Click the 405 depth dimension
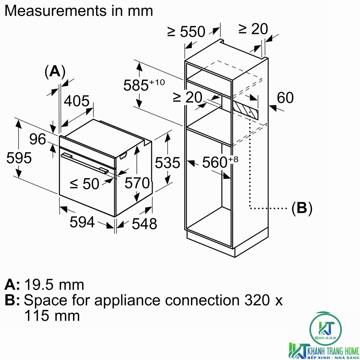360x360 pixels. tap(76, 101)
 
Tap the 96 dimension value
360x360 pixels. tap(38, 139)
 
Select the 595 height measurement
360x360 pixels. tap(19, 158)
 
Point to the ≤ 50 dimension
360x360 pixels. tap(84, 184)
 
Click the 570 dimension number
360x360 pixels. tap(137, 183)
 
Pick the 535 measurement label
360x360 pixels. tap(167, 163)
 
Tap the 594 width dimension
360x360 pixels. tap(82, 222)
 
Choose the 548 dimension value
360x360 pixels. tap(144, 224)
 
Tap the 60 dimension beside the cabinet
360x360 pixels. tap(285, 98)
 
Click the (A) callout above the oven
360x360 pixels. tap(55, 72)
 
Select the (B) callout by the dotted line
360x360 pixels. tap(302, 208)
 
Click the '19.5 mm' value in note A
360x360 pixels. tap(54, 285)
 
